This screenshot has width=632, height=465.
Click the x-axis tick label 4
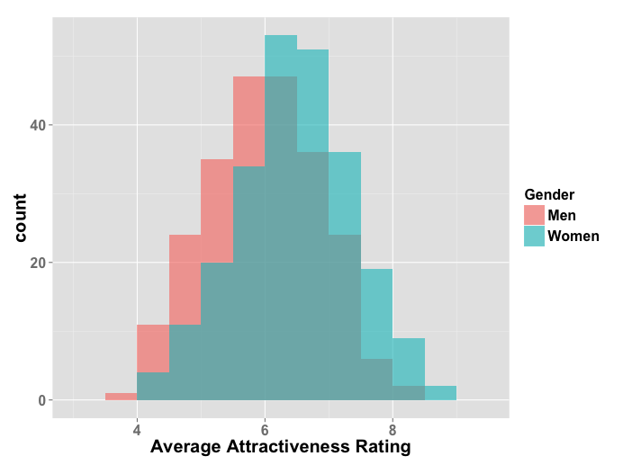tap(137, 429)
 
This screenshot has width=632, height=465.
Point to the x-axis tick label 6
tap(265, 429)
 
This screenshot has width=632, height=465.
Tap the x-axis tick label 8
tap(393, 429)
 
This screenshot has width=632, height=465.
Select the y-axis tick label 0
tap(41, 400)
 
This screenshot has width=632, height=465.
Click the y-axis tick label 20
tap(37, 263)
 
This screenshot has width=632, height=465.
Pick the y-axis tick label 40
tap(37, 125)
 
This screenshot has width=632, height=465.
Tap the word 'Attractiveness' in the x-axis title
tap(289, 447)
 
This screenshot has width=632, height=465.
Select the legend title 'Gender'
tap(549, 194)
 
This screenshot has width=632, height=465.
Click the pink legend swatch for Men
tap(535, 215)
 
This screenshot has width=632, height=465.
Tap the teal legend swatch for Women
tap(535, 236)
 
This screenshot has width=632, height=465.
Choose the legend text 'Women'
tap(573, 236)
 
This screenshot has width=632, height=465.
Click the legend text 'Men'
tap(562, 215)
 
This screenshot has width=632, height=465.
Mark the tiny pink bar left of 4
tap(121, 397)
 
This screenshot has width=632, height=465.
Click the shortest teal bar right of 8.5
tap(440, 393)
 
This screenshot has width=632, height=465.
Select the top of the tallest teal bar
tap(281, 37)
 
